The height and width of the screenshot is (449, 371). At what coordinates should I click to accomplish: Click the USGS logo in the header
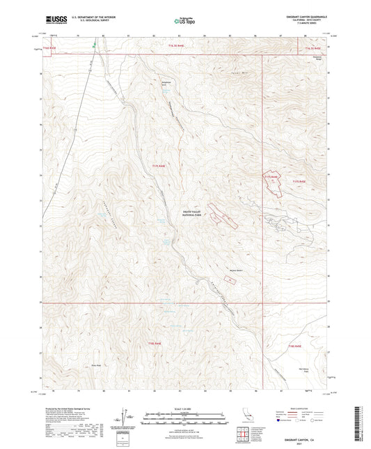(x=52, y=18)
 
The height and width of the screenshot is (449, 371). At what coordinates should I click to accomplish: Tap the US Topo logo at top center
(x=183, y=22)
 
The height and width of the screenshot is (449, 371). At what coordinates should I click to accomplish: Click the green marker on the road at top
(x=94, y=47)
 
